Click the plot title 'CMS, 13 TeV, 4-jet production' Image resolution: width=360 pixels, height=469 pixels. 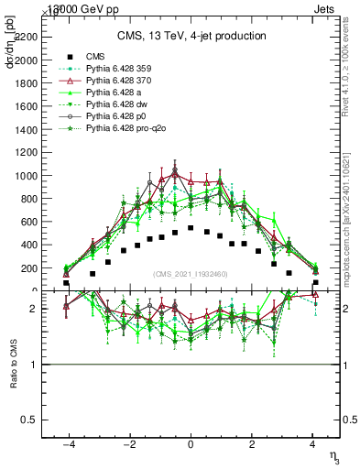191,36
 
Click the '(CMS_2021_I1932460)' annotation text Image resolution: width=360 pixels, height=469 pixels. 191,274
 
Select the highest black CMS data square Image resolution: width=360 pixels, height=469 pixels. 191,227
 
